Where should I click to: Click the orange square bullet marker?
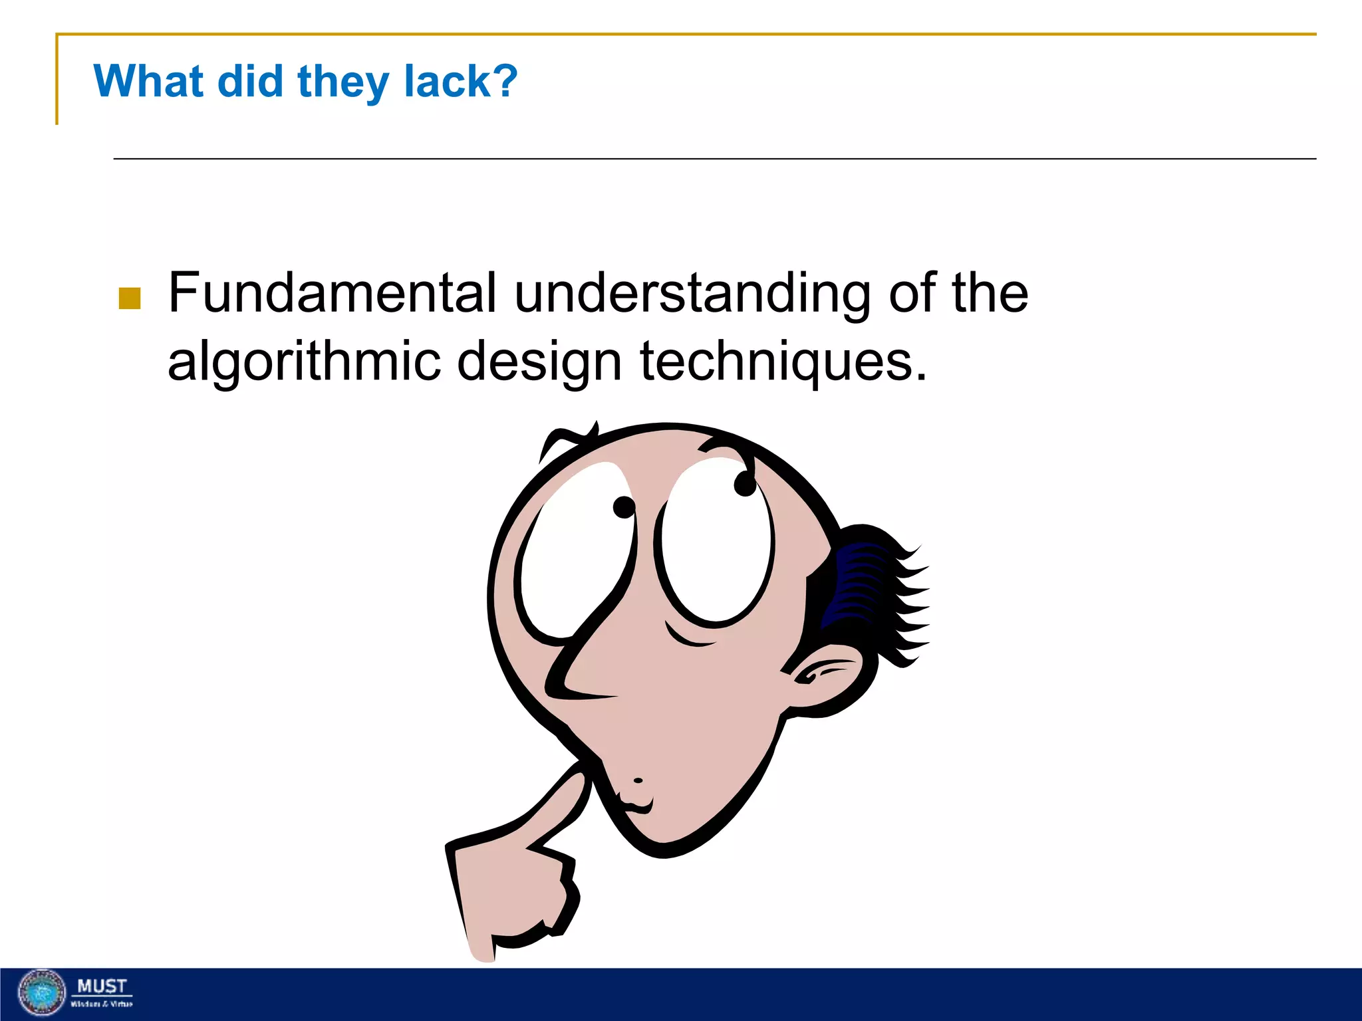pyautogui.click(x=129, y=298)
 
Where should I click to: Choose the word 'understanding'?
pyautogui.click(x=692, y=294)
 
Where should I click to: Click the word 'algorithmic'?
pyautogui.click(x=304, y=362)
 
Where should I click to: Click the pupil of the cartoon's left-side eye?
pyautogui.click(x=624, y=507)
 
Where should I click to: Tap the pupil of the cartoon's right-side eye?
pyautogui.click(x=745, y=483)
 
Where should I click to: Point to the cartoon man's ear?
pyautogui.click(x=825, y=678)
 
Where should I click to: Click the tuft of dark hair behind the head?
pyautogui.click(x=871, y=585)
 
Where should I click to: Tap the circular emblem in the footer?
pyautogui.click(x=41, y=993)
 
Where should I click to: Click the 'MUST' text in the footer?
pyautogui.click(x=102, y=986)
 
